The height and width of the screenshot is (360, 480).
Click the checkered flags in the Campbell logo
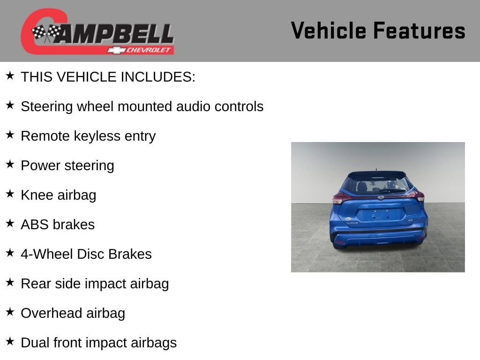pos(46,33)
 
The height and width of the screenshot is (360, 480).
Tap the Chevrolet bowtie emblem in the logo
pos(116,50)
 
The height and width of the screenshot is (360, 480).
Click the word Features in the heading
pos(420,30)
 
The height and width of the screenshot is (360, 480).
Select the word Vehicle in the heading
pos(329,30)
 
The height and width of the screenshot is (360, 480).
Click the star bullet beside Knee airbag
pos(10,194)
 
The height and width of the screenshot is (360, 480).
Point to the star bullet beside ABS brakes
pos(10,223)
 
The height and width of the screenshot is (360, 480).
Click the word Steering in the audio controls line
pos(47,107)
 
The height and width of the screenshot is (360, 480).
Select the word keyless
pos(97,136)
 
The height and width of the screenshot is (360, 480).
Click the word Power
pos(41,165)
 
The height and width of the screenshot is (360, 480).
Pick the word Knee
pos(37,195)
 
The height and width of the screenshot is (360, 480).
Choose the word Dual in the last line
pos(35,343)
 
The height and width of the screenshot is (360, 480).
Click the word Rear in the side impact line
pos(34,284)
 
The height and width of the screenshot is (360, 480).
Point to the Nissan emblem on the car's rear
pos(381,197)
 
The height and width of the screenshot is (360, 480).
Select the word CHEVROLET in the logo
pos(148,50)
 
